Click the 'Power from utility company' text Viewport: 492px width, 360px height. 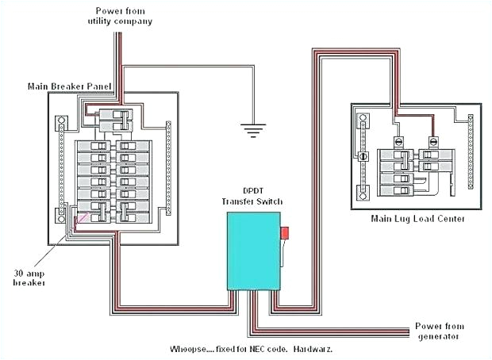121,16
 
